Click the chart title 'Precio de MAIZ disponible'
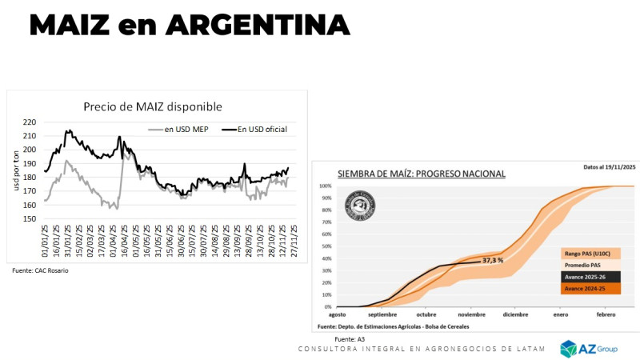pyautogui.click(x=153, y=106)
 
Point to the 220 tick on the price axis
pyautogui.click(x=30, y=122)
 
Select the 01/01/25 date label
pyautogui.click(x=46, y=242)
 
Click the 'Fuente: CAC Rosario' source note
pyautogui.click(x=40, y=270)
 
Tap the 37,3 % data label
pyautogui.click(x=493, y=261)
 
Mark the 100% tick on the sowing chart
pyautogui.click(x=325, y=186)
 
